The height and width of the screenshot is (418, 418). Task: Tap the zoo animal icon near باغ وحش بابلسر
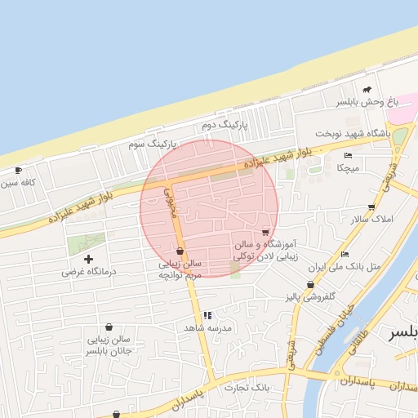point(367,89)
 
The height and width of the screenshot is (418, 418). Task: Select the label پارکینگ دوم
point(223,125)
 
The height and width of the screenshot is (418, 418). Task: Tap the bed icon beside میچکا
point(349,155)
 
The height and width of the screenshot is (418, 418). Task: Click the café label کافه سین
point(20,183)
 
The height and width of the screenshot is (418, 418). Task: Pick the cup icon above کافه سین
point(19,171)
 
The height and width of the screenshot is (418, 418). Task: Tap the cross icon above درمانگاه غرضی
point(89,258)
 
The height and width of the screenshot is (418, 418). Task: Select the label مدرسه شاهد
point(207,327)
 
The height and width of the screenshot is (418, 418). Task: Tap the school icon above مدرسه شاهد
point(207,314)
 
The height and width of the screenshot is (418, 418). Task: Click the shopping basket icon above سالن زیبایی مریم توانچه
point(180,251)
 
